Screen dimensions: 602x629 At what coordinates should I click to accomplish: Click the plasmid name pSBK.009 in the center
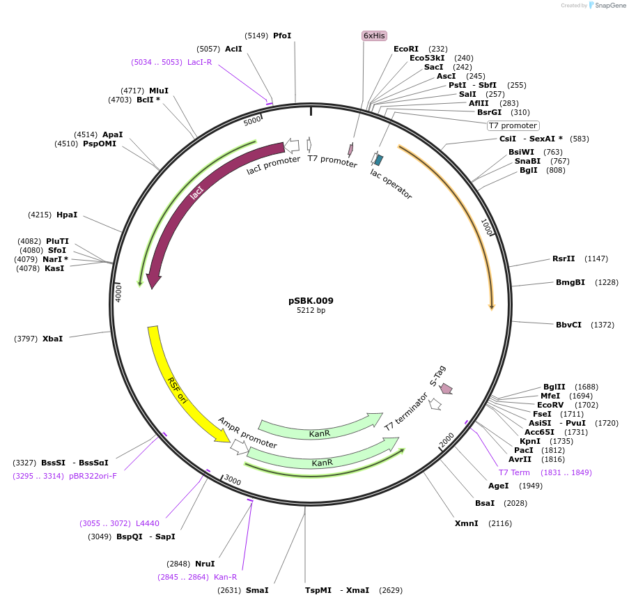311,301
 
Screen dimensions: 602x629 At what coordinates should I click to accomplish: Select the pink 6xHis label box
374,36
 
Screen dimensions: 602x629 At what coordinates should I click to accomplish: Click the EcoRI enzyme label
406,49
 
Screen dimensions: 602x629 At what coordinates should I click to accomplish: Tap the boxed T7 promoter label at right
513,125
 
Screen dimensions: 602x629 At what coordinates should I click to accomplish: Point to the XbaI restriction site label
52,339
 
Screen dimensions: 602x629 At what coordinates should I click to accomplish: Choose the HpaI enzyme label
67,215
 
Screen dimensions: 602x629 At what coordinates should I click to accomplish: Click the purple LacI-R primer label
199,62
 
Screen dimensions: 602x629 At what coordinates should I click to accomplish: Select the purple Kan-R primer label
225,577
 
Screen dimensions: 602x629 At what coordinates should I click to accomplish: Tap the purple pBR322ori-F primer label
93,476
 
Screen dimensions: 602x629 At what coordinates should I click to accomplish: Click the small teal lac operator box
378,160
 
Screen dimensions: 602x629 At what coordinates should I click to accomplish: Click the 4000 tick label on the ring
118,292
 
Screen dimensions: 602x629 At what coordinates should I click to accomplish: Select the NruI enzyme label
205,564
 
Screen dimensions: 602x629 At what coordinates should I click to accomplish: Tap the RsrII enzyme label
564,258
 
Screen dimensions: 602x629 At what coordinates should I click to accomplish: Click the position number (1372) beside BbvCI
603,325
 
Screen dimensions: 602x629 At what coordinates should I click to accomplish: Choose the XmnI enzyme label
466,523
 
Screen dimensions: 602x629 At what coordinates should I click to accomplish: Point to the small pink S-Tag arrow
446,388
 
